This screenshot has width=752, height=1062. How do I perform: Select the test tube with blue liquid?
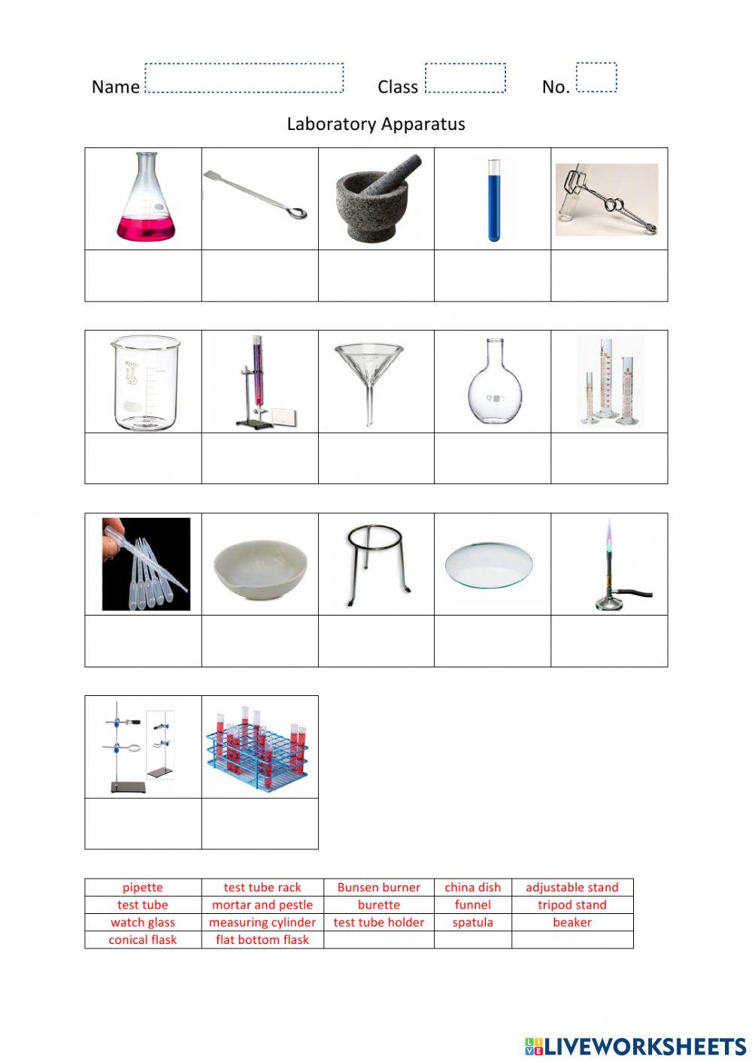tap(493, 200)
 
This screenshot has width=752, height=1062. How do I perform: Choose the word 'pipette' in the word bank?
tap(143, 888)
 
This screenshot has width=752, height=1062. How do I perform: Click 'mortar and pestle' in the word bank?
tap(262, 905)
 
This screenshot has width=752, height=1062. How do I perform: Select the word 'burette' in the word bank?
tap(379, 905)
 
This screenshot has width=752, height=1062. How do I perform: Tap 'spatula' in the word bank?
tap(473, 922)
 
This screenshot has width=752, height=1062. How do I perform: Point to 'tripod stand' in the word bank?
tap(572, 905)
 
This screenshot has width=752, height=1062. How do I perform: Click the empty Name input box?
tap(244, 78)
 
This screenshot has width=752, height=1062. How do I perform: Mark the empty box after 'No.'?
tap(596, 77)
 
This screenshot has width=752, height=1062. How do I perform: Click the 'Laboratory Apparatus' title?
tap(376, 124)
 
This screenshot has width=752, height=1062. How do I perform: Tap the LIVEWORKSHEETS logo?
tap(635, 1045)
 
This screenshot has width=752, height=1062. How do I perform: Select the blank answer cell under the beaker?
tap(143, 458)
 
